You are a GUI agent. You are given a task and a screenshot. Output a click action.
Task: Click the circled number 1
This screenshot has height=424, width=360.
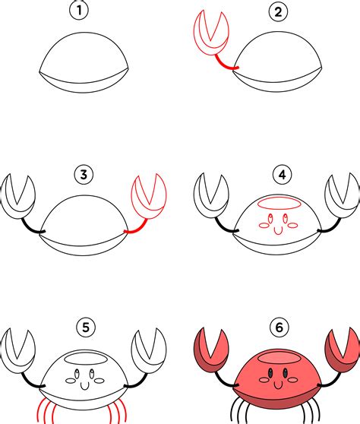[x=79, y=11]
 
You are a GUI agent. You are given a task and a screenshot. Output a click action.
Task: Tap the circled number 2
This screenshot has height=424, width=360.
[x=279, y=11]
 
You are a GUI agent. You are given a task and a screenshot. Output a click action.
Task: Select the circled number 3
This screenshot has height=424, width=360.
[x=84, y=175]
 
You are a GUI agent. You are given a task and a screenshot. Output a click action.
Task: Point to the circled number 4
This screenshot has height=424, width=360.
[x=283, y=175]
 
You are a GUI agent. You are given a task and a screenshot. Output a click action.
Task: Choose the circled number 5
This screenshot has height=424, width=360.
[x=86, y=327]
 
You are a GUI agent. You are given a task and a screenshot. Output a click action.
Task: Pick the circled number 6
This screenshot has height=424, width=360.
[x=279, y=327]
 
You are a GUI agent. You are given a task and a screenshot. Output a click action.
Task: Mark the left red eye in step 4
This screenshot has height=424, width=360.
[x=270, y=218]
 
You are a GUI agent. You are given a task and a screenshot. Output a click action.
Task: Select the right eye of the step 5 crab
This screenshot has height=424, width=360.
[x=92, y=374]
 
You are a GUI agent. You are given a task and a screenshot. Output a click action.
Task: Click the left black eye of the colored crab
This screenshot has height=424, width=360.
[x=270, y=373]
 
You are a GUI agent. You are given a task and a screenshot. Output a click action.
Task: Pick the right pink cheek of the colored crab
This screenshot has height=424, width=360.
[x=292, y=380]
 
